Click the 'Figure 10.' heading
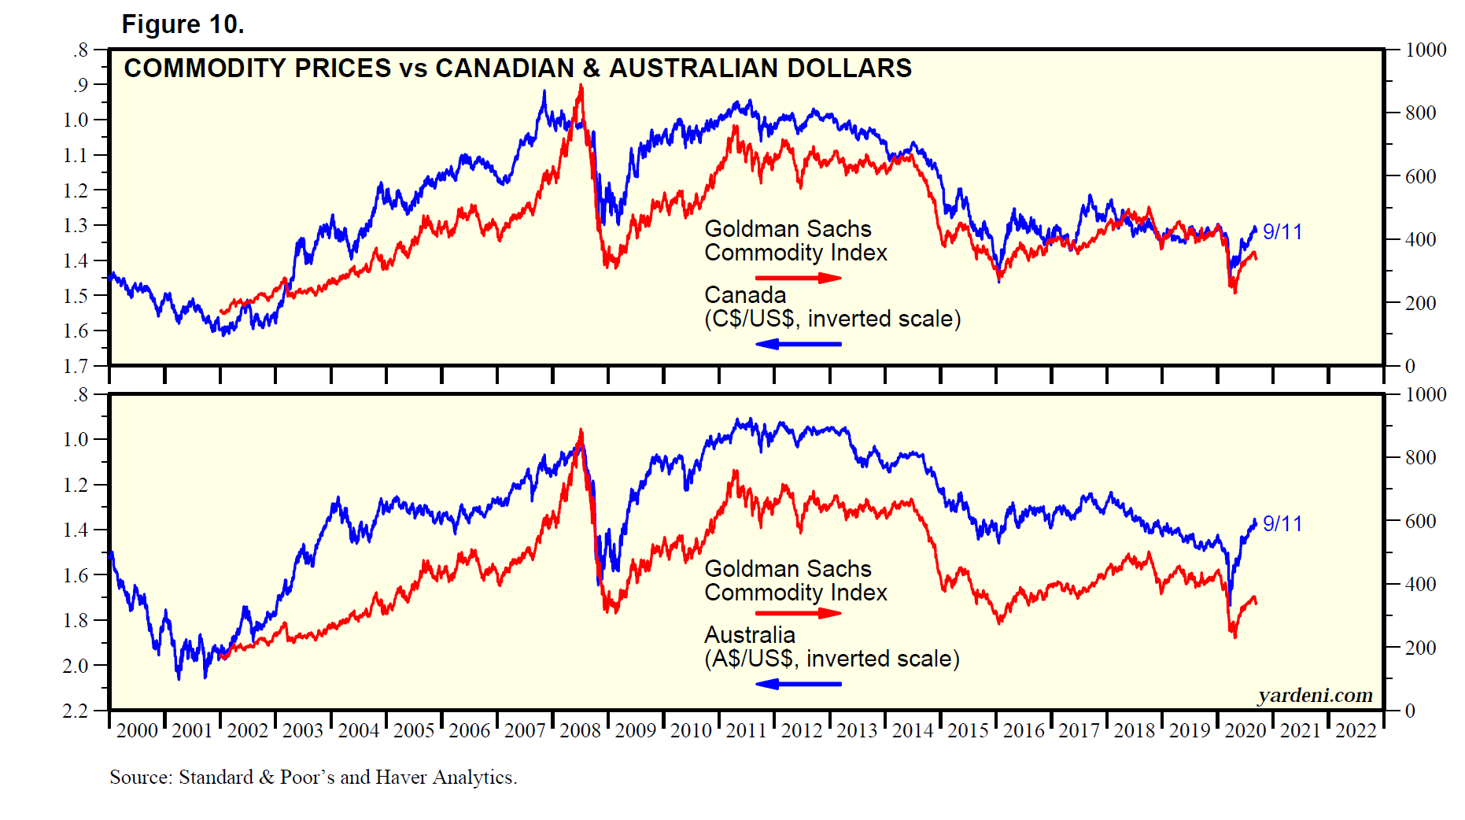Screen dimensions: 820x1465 coord(183,24)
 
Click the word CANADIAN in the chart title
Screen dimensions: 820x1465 coord(504,68)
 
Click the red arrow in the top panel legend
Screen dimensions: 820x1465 coord(798,278)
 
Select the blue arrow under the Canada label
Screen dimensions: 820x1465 coord(798,344)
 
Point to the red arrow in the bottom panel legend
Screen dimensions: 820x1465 coord(798,614)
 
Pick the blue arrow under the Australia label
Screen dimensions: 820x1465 coord(798,684)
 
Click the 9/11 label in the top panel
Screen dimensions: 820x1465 coord(1282,232)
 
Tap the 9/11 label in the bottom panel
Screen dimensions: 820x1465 coord(1282,524)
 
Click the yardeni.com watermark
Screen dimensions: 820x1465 coord(1315,696)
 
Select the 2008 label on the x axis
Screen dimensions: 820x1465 coord(580,731)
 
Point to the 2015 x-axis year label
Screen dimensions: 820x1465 coord(968,731)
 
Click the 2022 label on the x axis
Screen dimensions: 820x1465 coord(1356,731)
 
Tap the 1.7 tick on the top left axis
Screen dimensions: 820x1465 coord(76,366)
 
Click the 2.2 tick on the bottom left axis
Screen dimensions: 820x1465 coord(76,711)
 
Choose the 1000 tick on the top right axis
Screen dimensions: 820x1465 coord(1426,50)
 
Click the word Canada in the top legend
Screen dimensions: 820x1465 coord(745,295)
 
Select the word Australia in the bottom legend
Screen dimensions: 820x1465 coord(750,635)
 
